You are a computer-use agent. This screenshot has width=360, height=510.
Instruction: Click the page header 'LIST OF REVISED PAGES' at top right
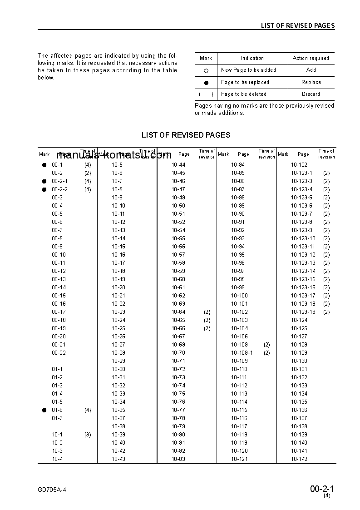point(297,25)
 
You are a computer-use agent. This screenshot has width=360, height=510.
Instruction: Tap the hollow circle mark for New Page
point(206,71)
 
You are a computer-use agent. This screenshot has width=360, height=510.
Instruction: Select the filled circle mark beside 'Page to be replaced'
point(206,83)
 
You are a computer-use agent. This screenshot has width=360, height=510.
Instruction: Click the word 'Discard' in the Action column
point(311,94)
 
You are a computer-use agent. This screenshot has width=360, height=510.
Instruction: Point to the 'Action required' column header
point(311,58)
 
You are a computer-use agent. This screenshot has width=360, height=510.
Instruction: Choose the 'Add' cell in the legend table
point(311,70)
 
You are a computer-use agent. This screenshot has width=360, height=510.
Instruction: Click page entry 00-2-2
point(59,189)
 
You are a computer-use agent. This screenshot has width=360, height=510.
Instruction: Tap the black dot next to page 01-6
point(44,411)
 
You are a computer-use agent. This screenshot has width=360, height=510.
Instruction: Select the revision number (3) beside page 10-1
point(88,435)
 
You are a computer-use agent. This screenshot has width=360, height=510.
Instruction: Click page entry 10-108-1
point(242,353)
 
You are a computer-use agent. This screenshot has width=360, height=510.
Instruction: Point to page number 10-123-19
point(303,312)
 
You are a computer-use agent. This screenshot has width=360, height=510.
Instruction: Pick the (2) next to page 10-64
point(207,312)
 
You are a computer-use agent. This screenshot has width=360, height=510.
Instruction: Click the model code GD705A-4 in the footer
point(55,489)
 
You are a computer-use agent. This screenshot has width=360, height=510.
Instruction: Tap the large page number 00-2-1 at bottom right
point(322,489)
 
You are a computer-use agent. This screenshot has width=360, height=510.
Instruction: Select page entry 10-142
point(299,459)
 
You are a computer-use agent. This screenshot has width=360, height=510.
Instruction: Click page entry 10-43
point(118,459)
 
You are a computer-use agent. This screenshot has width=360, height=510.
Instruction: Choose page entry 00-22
point(59,353)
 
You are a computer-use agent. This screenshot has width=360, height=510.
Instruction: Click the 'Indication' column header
point(252,58)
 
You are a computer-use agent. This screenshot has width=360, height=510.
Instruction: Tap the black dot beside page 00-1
point(44,165)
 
